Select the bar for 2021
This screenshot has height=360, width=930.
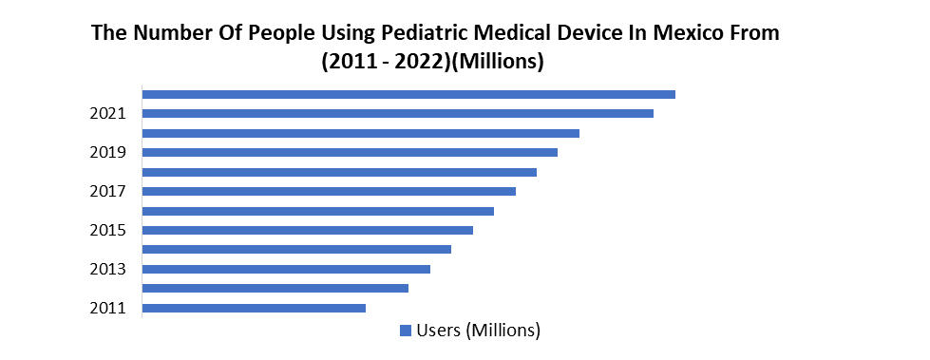tap(397, 113)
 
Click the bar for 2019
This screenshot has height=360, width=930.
tap(350, 152)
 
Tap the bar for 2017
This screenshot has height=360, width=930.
tap(329, 191)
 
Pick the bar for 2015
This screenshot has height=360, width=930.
tap(307, 230)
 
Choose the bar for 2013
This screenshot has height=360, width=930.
tap(286, 269)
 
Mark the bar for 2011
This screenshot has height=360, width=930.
tap(254, 308)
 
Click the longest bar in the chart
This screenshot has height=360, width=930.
tap(408, 94)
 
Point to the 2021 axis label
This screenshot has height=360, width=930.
tap(108, 113)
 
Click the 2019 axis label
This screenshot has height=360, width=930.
tap(108, 152)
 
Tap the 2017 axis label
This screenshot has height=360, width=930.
tap(108, 191)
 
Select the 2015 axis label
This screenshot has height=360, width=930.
tap(108, 230)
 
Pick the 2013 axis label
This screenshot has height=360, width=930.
tap(108, 269)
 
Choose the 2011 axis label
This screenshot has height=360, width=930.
tap(108, 308)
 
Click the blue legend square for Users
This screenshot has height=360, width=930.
tap(406, 331)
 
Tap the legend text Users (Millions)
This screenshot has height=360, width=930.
tap(479, 331)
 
